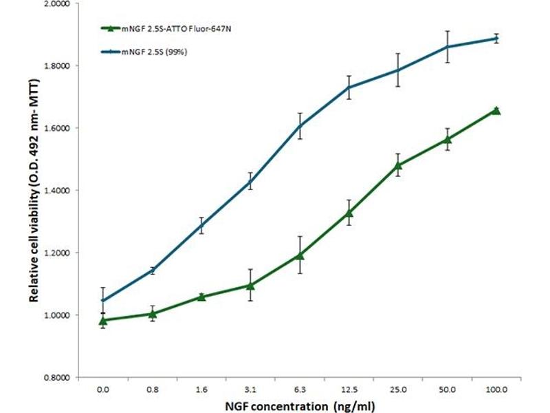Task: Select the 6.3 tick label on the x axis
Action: point(300,390)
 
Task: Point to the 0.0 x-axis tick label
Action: point(103,390)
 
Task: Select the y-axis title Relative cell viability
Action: point(32,191)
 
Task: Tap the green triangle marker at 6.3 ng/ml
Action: point(300,255)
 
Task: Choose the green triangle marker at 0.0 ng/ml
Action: point(103,320)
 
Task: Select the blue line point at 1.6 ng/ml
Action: point(201,225)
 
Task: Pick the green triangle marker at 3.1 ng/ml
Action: point(250,285)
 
